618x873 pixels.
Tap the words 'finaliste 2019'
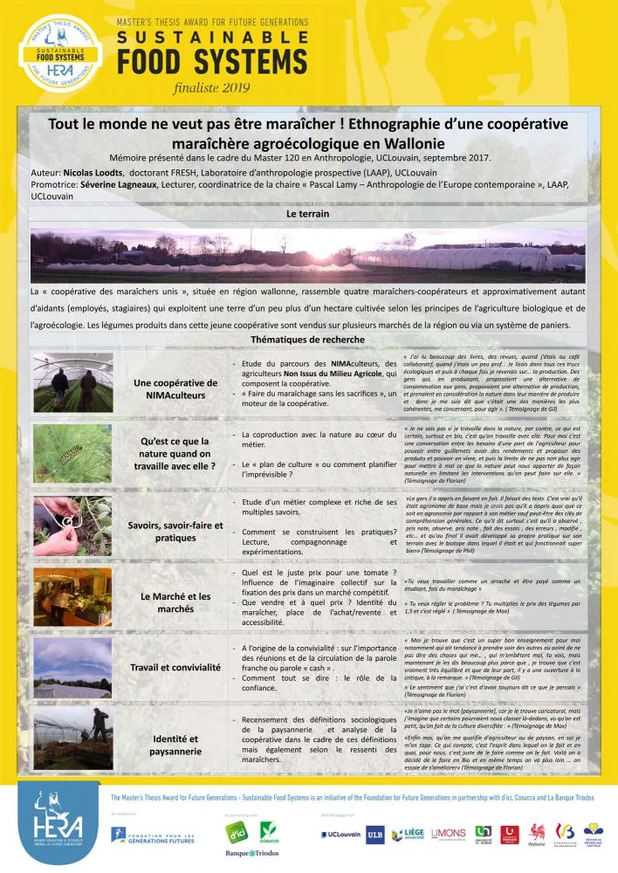click(212, 87)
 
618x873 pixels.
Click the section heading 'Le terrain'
click(308, 213)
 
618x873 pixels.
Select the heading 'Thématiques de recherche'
click(308, 340)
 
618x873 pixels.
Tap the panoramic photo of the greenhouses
click(308, 251)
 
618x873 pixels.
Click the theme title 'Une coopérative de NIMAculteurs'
click(175, 388)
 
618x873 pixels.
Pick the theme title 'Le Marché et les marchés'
click(175, 602)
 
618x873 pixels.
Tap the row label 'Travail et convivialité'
click(175, 667)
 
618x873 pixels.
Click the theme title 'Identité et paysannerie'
click(175, 744)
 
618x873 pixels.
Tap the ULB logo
click(375, 835)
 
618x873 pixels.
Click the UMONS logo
click(449, 835)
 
